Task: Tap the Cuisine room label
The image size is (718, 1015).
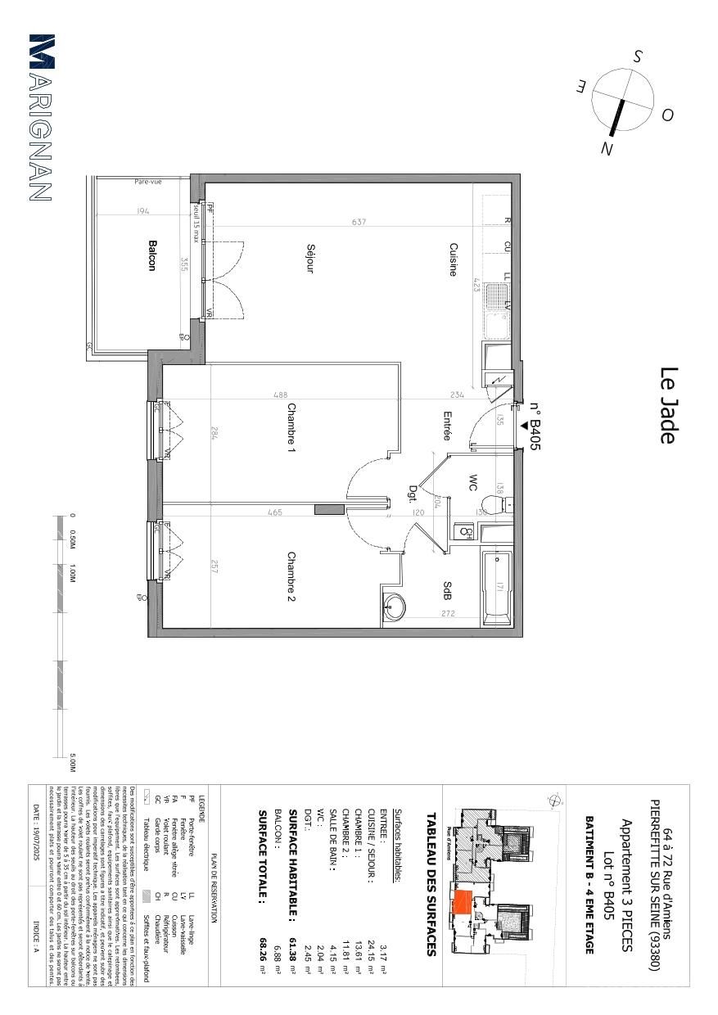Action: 452,259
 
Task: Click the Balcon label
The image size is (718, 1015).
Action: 151,255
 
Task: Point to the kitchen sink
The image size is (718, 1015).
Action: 497,311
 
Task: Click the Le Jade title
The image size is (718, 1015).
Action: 667,405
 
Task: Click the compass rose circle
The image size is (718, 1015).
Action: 623,100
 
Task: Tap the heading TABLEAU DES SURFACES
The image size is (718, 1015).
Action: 431,884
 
